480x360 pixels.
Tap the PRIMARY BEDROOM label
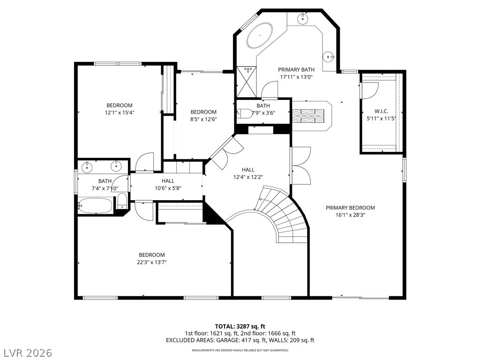tap(350, 208)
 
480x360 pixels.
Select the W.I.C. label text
tap(382, 112)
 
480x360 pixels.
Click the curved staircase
tap(282, 214)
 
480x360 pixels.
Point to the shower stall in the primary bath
tap(247, 82)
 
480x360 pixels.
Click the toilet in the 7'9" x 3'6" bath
tap(244, 113)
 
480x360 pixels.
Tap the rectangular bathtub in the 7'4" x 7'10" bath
tap(95, 205)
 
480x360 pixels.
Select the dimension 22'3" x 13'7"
tap(152, 262)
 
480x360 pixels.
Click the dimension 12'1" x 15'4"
tap(120, 112)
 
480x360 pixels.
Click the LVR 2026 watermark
tap(27, 352)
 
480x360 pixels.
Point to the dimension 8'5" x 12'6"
tap(203, 120)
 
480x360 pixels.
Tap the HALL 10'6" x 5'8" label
tap(168, 185)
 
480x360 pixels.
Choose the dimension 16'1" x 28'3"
tap(350, 215)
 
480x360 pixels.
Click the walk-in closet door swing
tap(370, 90)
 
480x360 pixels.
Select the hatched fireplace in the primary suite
tap(307, 116)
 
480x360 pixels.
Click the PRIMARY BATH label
tap(296, 69)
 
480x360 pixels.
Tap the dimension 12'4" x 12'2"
tap(248, 177)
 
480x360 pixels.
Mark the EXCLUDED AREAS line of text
tap(240, 340)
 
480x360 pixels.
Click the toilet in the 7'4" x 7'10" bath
tap(122, 201)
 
